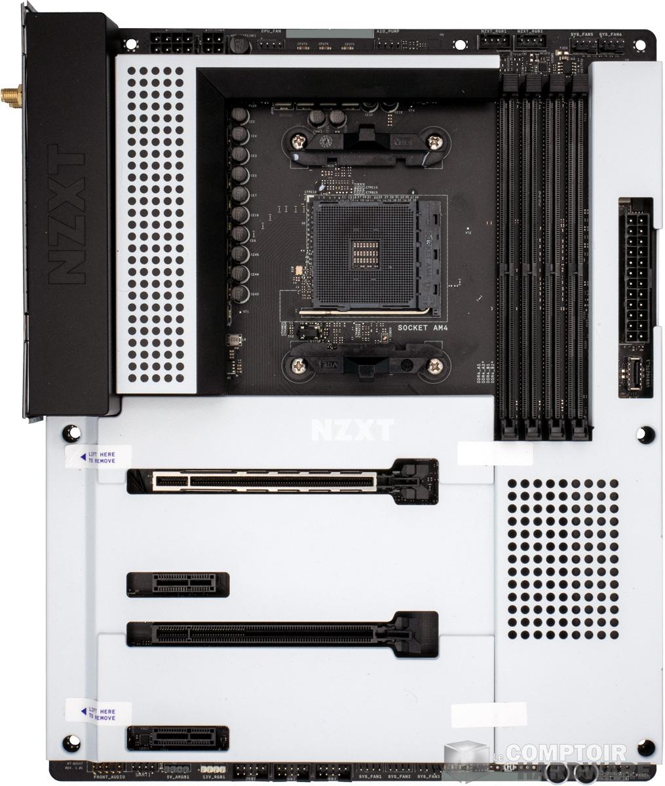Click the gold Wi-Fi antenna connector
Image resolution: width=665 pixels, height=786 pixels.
[x=11, y=98]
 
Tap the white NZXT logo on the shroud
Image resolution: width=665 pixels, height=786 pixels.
[x=352, y=430]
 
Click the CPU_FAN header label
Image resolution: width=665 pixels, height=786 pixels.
[x=272, y=31]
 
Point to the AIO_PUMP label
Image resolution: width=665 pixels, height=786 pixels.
[x=388, y=31]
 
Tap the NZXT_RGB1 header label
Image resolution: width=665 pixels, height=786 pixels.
[x=493, y=31]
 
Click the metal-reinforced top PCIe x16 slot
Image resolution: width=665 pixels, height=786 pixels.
[x=282, y=481]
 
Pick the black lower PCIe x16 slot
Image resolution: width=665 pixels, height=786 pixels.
[x=282, y=633]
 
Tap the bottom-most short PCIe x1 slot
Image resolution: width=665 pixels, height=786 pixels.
[x=178, y=738]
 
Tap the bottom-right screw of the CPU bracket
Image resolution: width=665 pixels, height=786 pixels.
[x=434, y=367]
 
